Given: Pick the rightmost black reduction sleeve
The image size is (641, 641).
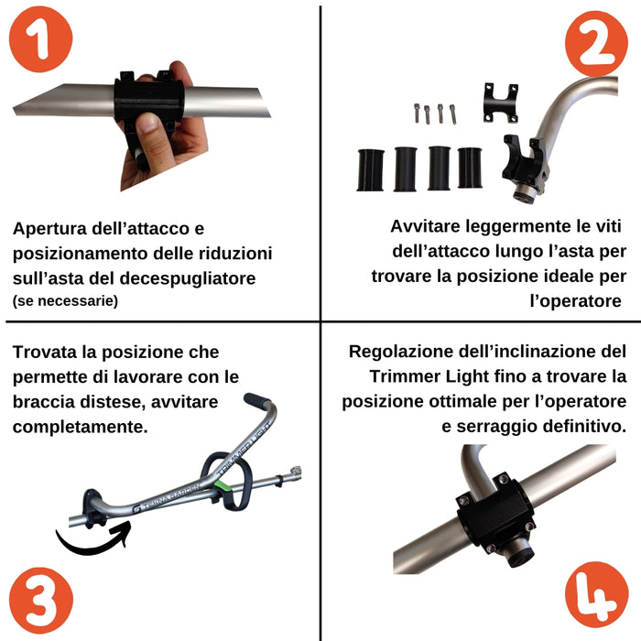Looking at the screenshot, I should [471, 167].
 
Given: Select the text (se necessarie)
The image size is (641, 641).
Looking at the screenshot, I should [65, 299].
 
